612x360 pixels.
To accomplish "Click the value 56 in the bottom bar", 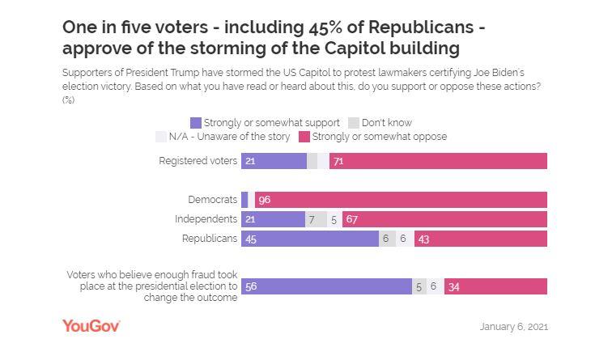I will click(251, 286).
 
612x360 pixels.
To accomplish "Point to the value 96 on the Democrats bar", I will click(264, 200).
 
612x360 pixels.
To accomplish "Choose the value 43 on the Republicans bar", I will click(423, 239).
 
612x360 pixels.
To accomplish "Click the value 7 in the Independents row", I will click(312, 219).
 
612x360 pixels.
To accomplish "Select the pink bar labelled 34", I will click(495, 286).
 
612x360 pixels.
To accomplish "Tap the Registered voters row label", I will click(199, 161).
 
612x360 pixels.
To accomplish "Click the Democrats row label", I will click(212, 200).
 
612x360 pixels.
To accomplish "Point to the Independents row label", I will click(206, 219).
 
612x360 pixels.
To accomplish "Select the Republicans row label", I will click(209, 239).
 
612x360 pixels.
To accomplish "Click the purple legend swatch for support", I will click(195, 123).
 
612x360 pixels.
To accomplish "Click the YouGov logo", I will click(91, 326).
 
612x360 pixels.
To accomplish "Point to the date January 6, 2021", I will click(513, 327).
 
